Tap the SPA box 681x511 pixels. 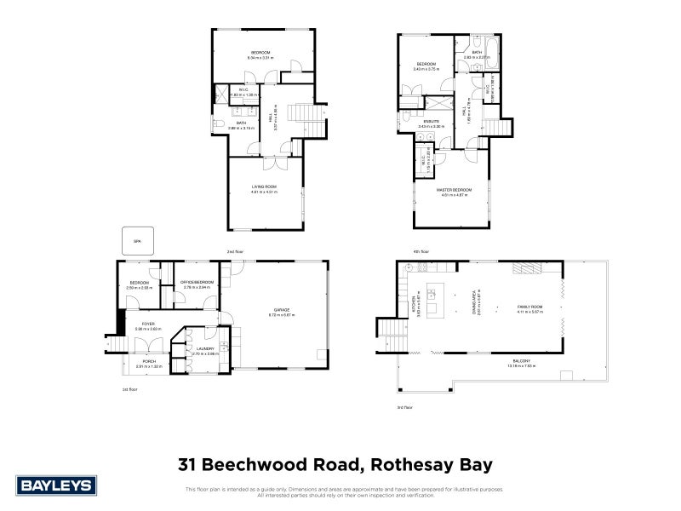pos(135,241)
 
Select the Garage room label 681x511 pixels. pos(282,309)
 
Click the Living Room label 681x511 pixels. pos(265,187)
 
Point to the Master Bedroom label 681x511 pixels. pos(454,189)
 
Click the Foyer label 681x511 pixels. pos(147,324)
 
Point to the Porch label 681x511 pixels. pos(148,361)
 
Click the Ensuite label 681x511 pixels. pos(433,122)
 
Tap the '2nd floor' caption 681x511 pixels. pos(236,252)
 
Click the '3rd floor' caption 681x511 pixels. pos(404,407)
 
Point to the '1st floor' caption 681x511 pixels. pos(129,389)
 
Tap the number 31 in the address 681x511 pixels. pos(188,465)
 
